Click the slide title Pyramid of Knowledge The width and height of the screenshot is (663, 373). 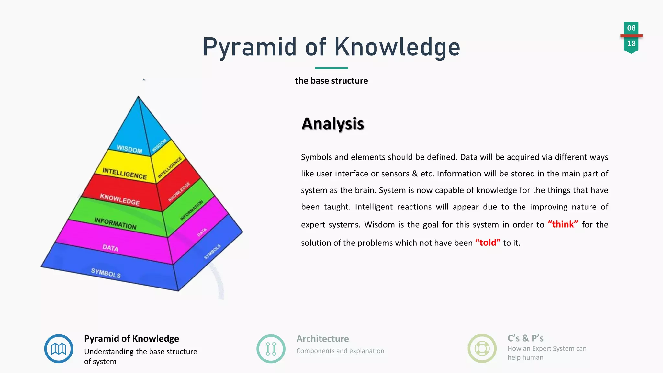click(x=331, y=47)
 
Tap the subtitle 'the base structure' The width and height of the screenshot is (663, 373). click(x=331, y=81)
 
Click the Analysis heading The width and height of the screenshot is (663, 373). click(x=332, y=124)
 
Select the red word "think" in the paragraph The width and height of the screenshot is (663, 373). click(x=563, y=224)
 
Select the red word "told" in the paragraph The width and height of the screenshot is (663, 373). click(x=488, y=243)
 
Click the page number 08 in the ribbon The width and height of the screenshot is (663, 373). click(x=631, y=28)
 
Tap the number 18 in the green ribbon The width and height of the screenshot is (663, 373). click(x=631, y=44)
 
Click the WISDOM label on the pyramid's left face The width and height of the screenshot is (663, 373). click(x=129, y=149)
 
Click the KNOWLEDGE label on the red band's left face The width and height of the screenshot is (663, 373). click(x=120, y=199)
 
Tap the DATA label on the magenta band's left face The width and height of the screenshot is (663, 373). click(x=110, y=248)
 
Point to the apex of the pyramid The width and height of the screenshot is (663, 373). click(x=138, y=97)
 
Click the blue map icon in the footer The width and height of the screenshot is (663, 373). click(x=59, y=349)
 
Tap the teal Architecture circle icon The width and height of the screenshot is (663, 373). click(x=271, y=349)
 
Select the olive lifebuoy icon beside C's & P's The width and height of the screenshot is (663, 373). click(x=482, y=349)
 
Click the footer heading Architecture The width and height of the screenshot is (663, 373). click(x=322, y=339)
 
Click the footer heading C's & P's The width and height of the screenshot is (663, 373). click(x=525, y=338)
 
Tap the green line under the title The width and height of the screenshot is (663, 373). click(x=331, y=68)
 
